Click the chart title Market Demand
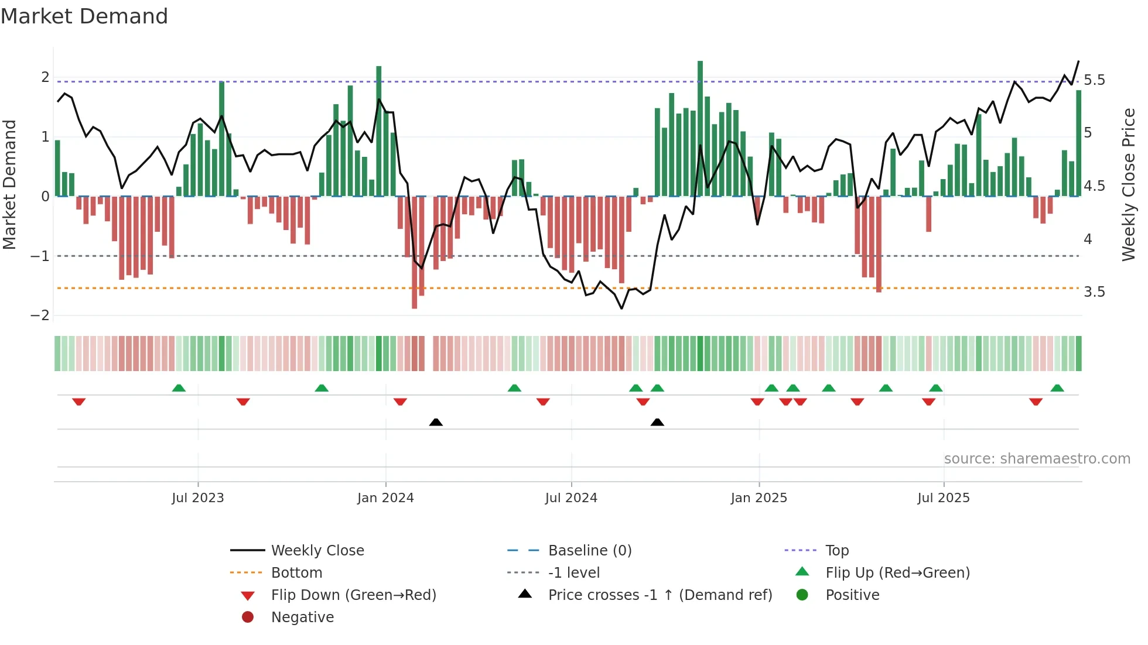[84, 16]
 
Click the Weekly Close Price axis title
[1128, 184]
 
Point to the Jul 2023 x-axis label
[197, 498]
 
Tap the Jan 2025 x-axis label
[758, 498]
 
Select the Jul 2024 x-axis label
[571, 498]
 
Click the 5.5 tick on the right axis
[1094, 80]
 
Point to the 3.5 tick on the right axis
[1094, 292]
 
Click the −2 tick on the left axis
[40, 315]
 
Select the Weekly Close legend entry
[317, 551]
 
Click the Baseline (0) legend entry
[589, 551]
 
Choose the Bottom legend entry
[296, 573]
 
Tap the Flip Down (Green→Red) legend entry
[353, 595]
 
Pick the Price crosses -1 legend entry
[660, 595]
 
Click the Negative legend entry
[302, 617]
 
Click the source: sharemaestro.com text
[1037, 459]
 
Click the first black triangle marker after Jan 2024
[436, 422]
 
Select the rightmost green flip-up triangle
[1057, 388]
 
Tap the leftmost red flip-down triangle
[79, 402]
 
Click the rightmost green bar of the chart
[1078, 143]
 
